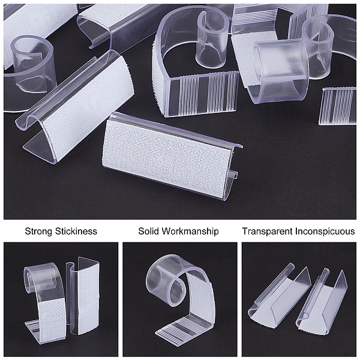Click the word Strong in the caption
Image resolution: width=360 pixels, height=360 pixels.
[38, 231]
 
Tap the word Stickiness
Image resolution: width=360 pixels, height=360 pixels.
[76, 231]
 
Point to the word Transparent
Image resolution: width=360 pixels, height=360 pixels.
[268, 231]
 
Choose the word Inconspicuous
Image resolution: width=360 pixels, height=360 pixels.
[325, 231]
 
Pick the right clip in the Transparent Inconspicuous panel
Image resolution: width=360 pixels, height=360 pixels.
[322, 305]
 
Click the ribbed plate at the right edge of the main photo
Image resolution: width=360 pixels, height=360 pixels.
[338, 106]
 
